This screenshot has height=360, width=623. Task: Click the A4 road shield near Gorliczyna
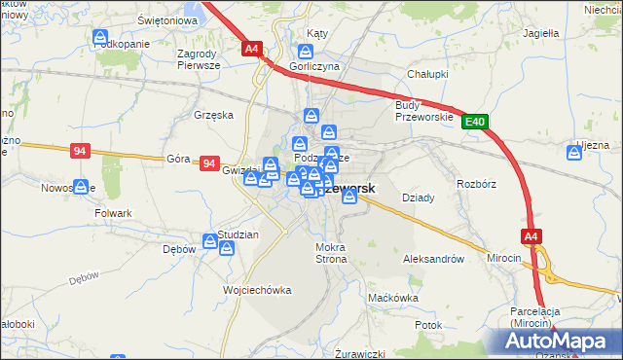point(252,48)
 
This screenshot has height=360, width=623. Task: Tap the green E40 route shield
point(474,122)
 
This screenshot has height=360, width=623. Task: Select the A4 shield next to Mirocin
point(531,235)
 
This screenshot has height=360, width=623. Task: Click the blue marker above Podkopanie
point(100,38)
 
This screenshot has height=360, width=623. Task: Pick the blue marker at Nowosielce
point(81,185)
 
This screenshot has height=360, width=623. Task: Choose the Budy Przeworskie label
point(424,111)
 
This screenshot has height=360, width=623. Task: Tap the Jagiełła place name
point(540,32)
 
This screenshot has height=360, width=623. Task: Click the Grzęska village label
point(214,114)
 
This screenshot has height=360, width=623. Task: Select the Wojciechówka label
point(257,290)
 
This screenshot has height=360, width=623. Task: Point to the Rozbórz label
point(478,182)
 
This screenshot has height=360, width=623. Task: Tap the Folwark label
point(112,211)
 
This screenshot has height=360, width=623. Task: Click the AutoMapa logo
point(560,341)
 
